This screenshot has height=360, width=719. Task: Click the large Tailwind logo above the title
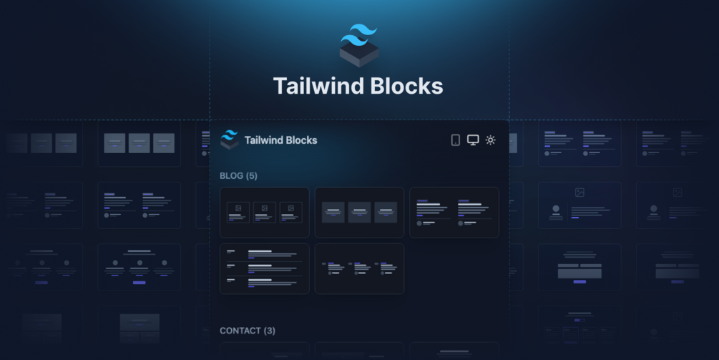pyautogui.click(x=358, y=44)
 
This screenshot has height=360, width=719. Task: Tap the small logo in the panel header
pyautogui.click(x=230, y=140)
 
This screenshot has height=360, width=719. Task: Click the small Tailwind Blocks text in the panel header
pyautogui.click(x=280, y=140)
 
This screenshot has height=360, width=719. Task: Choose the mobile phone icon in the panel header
pyautogui.click(x=456, y=140)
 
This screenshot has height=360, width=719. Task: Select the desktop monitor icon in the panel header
pyautogui.click(x=473, y=140)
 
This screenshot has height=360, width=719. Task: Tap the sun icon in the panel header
pyautogui.click(x=490, y=140)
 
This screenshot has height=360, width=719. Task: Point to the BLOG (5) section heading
pyautogui.click(x=238, y=175)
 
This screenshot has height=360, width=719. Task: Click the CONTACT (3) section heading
pyautogui.click(x=248, y=331)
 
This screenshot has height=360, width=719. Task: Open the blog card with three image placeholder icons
pyautogui.click(x=265, y=212)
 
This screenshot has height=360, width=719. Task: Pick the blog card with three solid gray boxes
pyautogui.click(x=359, y=212)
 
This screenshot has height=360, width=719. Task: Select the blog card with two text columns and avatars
pyautogui.click(x=454, y=212)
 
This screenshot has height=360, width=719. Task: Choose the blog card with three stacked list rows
pyautogui.click(x=265, y=268)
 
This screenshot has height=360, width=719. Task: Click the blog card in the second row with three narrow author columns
pyautogui.click(x=359, y=268)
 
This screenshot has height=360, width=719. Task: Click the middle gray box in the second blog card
pyautogui.click(x=359, y=212)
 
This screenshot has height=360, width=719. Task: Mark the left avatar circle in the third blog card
pyautogui.click(x=420, y=223)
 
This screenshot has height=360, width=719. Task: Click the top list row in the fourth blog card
pyautogui.click(x=265, y=253)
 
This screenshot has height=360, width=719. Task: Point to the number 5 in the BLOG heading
pyautogui.click(x=251, y=175)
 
